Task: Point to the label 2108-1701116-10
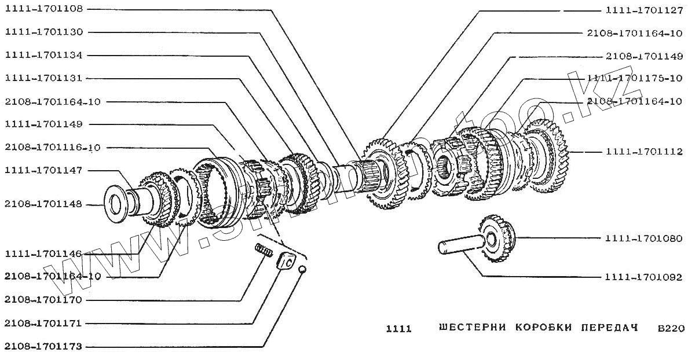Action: [52, 148]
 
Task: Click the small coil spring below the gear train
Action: [264, 252]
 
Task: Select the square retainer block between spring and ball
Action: [285, 261]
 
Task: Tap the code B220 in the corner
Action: [671, 328]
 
